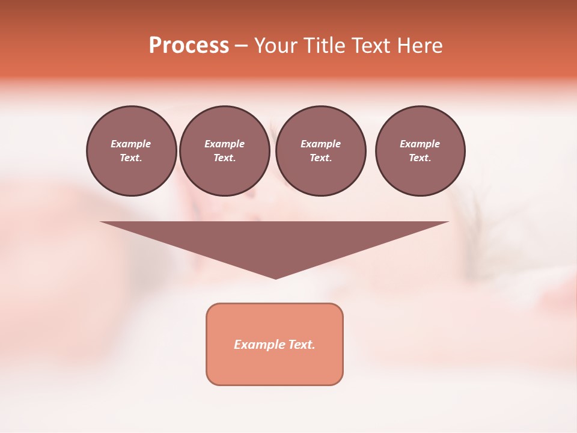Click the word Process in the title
[189, 46]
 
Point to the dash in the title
[241, 46]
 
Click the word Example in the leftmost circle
[131, 144]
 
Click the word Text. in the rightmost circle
[420, 158]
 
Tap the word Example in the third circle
[320, 144]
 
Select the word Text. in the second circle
[224, 158]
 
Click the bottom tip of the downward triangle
[275, 277]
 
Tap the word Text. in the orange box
[302, 345]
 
